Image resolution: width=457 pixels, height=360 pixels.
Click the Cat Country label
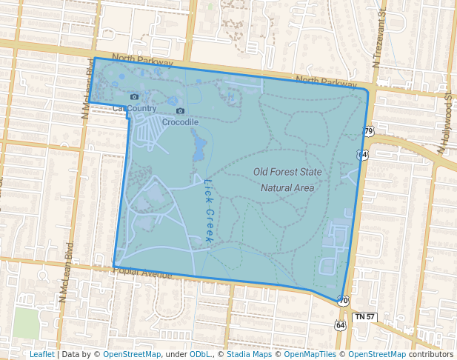click(x=134, y=108)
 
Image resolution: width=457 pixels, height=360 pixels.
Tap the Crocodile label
click(x=180, y=122)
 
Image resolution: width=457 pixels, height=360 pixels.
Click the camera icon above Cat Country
click(x=134, y=97)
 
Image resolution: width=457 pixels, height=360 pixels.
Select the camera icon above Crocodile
click(x=180, y=111)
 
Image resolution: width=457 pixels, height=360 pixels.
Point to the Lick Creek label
click(x=208, y=212)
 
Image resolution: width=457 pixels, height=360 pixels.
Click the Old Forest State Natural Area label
click(x=287, y=179)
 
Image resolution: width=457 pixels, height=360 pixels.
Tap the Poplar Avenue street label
click(x=142, y=272)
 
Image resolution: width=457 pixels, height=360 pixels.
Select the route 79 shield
click(x=368, y=131)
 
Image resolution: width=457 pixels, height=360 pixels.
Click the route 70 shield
click(x=343, y=300)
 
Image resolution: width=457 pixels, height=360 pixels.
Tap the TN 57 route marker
click(x=364, y=317)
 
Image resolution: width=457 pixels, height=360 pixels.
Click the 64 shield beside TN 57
click(x=340, y=325)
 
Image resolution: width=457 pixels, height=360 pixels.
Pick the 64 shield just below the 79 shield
click(x=361, y=154)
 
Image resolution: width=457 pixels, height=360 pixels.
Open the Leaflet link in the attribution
click(x=41, y=354)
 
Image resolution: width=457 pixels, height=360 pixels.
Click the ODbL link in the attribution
click(x=199, y=354)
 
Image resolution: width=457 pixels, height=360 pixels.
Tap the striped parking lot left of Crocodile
click(x=148, y=134)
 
